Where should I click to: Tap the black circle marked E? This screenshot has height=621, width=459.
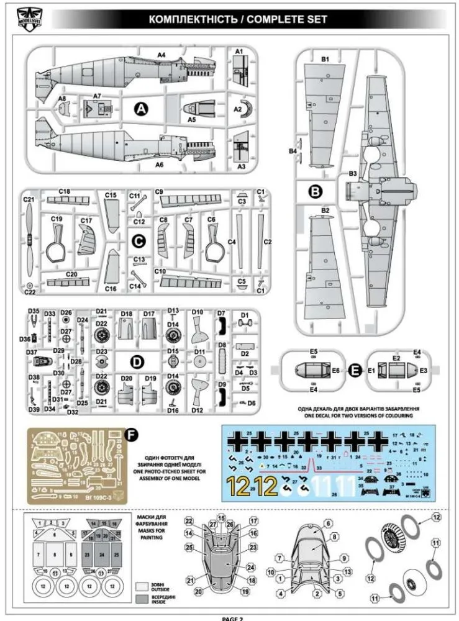[355, 370]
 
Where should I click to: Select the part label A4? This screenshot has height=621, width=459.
[161, 55]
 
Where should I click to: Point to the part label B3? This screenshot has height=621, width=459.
[353, 173]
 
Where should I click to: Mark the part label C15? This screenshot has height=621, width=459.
[111, 195]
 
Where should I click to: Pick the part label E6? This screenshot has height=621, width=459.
[336, 370]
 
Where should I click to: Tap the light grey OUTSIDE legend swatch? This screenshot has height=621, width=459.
[142, 585]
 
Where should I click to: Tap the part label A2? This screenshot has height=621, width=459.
[237, 108]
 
